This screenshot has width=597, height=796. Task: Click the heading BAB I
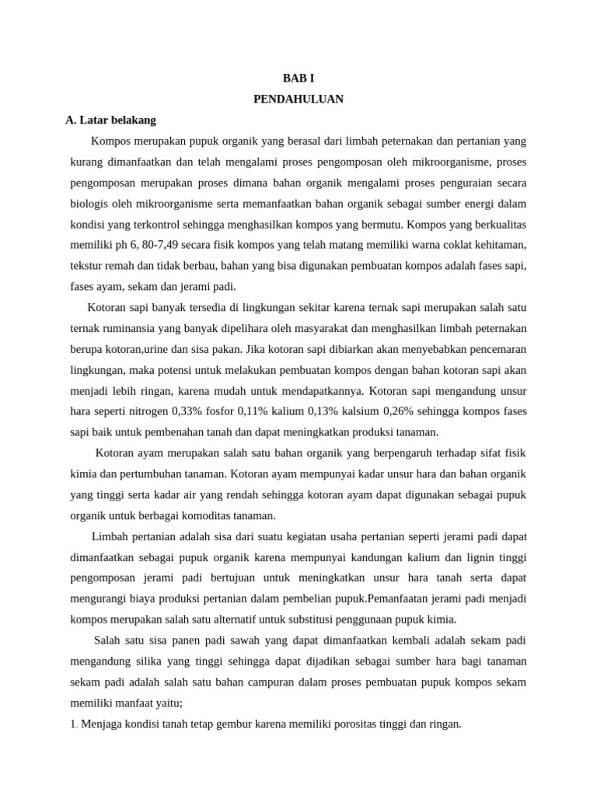298,79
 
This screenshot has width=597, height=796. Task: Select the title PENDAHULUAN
298,99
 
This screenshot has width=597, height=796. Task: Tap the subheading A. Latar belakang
111,120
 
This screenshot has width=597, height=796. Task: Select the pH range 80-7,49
165,245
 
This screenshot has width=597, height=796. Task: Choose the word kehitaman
498,245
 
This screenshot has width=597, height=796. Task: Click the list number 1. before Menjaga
74,724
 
